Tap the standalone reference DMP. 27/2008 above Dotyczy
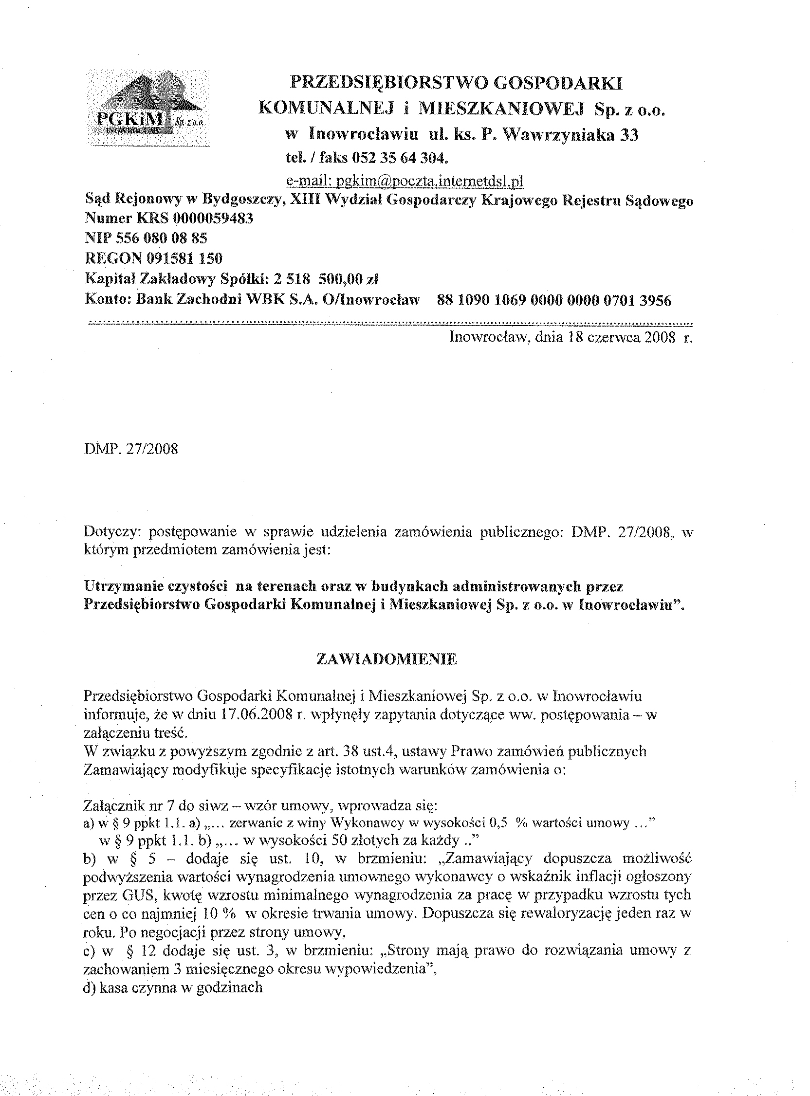coord(131,449)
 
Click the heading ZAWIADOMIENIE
coord(387,659)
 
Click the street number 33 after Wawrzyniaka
coord(629,134)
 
